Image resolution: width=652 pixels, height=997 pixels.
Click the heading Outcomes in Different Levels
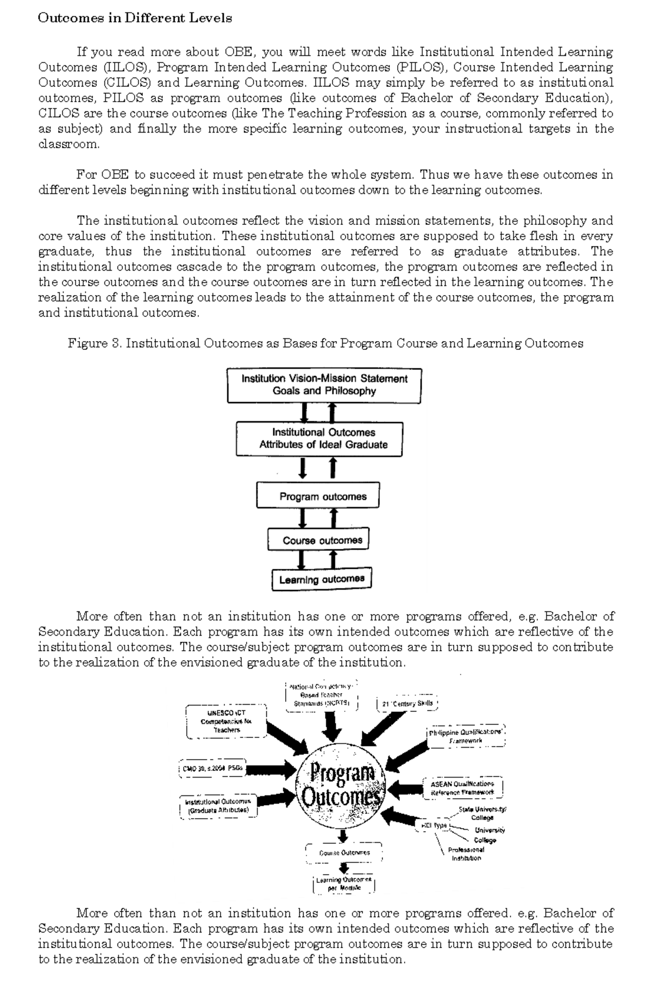tap(135, 18)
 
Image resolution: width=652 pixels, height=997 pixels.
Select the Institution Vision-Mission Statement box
tap(324, 385)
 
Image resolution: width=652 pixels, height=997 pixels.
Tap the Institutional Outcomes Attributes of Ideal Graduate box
tap(319, 438)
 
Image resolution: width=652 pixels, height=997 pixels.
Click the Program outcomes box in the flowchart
tap(318, 496)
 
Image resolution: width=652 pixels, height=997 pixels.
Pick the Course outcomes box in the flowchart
tap(318, 540)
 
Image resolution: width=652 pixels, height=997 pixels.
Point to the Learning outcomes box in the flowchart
tap(321, 579)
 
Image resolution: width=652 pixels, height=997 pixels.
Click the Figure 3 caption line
tap(325, 343)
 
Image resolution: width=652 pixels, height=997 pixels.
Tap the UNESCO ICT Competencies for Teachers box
tap(227, 721)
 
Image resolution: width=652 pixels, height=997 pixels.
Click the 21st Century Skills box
tap(407, 704)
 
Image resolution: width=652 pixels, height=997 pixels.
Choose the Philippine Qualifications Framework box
tap(466, 736)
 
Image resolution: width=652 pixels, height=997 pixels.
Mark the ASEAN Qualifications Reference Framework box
tap(462, 788)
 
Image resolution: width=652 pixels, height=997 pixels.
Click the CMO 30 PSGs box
tap(213, 768)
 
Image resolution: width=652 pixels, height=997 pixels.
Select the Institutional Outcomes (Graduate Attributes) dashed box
tap(218, 806)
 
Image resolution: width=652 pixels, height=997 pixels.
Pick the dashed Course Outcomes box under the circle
tap(344, 852)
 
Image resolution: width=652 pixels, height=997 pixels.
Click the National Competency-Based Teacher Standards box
tap(322, 695)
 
